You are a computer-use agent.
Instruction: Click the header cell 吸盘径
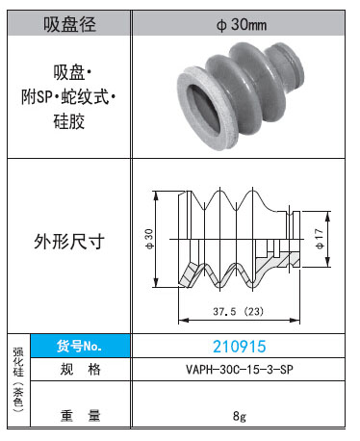(x=69, y=24)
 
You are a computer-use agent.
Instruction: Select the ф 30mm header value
(x=242, y=25)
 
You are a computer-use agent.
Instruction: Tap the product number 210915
(x=240, y=347)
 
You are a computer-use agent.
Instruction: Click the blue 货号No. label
(x=80, y=346)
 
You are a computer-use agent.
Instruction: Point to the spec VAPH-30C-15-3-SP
(x=240, y=370)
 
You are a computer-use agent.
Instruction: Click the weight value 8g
(x=240, y=416)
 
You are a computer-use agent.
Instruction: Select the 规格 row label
(x=81, y=370)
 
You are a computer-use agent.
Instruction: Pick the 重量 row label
(x=81, y=415)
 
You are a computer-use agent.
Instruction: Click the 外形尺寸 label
(x=69, y=242)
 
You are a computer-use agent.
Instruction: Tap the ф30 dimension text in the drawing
(x=149, y=239)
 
